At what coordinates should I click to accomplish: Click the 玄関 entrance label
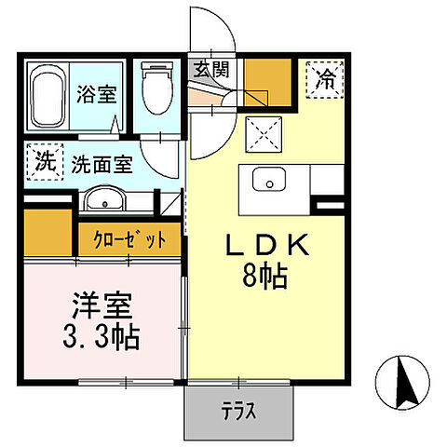pos(210,67)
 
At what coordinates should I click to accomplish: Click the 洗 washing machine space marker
pos(44,161)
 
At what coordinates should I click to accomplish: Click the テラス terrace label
pos(239,411)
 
